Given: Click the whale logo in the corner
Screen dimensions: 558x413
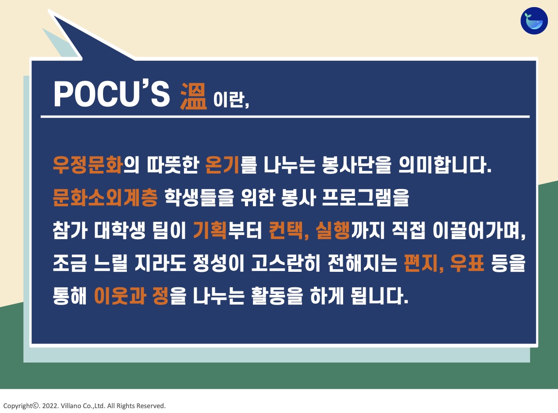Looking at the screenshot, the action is point(534,21).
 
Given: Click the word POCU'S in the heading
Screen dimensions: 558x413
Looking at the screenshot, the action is point(112,94).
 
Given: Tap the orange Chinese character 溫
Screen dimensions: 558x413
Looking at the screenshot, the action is point(194,96).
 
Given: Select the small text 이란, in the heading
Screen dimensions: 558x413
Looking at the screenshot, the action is point(231,100).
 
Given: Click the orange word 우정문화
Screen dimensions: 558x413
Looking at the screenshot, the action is point(88,165).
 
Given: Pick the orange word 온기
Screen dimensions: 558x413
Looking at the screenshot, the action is point(222,165).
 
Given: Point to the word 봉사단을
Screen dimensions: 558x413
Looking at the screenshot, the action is point(357,165).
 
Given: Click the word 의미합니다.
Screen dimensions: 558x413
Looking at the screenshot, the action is point(445,165).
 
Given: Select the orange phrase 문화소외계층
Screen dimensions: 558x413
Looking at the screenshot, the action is point(105,197).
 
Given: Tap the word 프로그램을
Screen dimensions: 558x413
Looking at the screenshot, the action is point(365,197).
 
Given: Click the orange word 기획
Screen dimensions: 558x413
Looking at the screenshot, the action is point(210,230).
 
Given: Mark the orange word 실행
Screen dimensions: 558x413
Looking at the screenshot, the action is point(333,230).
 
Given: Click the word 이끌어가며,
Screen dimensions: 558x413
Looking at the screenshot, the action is point(479,230).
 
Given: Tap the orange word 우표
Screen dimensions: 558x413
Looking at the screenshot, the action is point(467,263).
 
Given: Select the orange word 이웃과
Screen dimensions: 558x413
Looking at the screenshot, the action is point(120,296).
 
